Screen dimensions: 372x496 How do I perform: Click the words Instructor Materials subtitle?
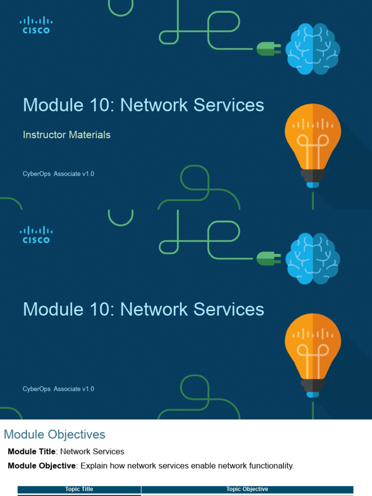click(x=67, y=135)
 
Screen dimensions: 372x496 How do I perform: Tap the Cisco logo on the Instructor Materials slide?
click(x=36, y=25)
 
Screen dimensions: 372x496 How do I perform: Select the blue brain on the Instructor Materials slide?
click(x=312, y=49)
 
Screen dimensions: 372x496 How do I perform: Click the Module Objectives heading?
click(x=54, y=434)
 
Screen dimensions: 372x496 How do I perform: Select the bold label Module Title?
click(x=31, y=451)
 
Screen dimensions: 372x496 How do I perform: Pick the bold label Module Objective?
click(x=42, y=466)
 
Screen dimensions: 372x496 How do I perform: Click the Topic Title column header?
click(x=79, y=489)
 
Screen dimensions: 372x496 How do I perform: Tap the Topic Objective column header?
click(x=247, y=489)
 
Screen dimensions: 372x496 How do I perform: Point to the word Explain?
click(x=93, y=466)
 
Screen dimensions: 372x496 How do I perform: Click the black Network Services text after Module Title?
click(x=92, y=451)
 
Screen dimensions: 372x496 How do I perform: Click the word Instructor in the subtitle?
click(x=45, y=135)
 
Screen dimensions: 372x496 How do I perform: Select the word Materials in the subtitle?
click(x=90, y=135)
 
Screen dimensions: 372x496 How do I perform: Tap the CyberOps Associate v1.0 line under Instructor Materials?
click(x=58, y=174)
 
